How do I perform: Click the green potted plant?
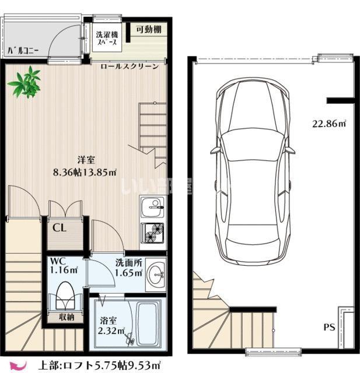point(25,82)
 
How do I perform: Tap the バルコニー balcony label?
point(23,51)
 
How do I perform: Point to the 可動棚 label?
point(149,29)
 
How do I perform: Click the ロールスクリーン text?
point(130,66)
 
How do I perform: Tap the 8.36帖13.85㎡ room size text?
point(85,172)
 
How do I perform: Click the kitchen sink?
point(152,207)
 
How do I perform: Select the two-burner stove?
point(152,233)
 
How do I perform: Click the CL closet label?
point(60,228)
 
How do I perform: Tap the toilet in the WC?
point(65,295)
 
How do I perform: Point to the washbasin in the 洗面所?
point(156,275)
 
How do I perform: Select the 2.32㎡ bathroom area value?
point(111,330)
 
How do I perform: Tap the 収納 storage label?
point(67,317)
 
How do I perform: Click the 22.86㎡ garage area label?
point(329,124)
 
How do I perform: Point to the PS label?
point(329,328)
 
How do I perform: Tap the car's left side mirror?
point(215,150)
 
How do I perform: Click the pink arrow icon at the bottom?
point(18,365)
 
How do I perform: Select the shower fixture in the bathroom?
point(130,338)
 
